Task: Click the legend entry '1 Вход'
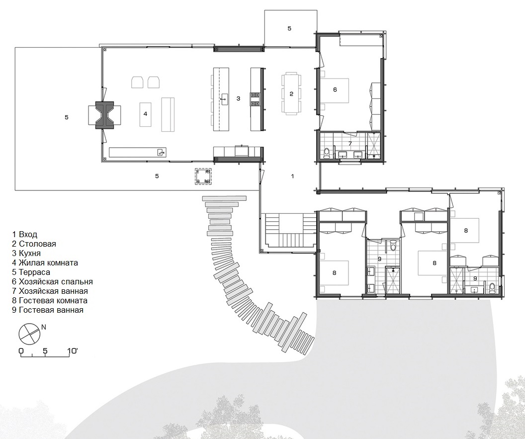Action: (x=24, y=234)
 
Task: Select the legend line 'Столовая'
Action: (x=37, y=244)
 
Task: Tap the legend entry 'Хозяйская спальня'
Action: (x=56, y=281)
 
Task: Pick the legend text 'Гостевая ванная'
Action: (x=51, y=310)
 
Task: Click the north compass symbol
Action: (x=29, y=334)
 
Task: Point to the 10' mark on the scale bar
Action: (x=72, y=351)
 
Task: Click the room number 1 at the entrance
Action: (x=292, y=176)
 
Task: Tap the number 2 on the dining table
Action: (x=291, y=94)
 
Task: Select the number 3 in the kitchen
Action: (x=238, y=98)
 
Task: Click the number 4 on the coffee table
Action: (x=145, y=114)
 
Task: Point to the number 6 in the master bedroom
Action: (x=335, y=89)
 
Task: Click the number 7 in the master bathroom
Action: (x=350, y=144)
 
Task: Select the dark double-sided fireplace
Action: (x=104, y=115)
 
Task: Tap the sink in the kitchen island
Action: (x=224, y=99)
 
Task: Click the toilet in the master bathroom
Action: (x=327, y=153)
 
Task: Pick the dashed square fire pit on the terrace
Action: (x=203, y=176)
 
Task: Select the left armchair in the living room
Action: (x=137, y=82)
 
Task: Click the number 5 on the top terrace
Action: (x=289, y=28)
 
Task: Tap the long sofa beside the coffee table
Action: (x=168, y=114)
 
